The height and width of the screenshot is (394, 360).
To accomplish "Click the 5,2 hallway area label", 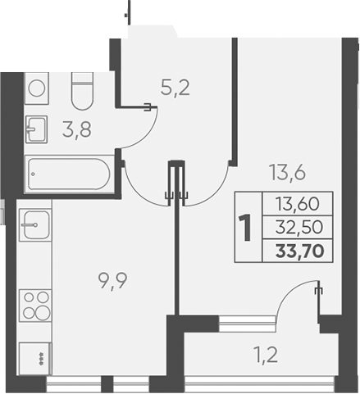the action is (x=175, y=88).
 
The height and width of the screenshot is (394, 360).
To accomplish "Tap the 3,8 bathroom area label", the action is (x=77, y=129).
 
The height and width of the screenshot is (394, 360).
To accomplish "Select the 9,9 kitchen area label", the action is (x=112, y=282).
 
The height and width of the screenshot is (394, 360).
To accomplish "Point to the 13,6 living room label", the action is (x=287, y=173).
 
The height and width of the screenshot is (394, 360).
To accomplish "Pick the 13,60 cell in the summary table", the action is (x=298, y=204).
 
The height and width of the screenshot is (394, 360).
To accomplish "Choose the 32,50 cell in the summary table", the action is (x=299, y=227).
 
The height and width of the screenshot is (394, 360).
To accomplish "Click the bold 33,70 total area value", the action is (x=300, y=251).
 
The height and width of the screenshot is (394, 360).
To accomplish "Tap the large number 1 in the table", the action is (x=246, y=228).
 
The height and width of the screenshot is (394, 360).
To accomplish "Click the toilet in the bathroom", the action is (x=82, y=91).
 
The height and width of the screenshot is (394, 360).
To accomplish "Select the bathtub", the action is (x=70, y=174).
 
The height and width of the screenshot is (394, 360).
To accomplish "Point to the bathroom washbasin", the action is (x=36, y=129).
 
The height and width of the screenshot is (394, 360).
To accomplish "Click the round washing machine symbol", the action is (x=37, y=88).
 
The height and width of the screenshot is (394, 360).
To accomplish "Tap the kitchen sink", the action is (x=35, y=225).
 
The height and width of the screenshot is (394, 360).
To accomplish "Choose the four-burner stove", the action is (x=35, y=306).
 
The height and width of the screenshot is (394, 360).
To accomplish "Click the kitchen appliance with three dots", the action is (x=35, y=359).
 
